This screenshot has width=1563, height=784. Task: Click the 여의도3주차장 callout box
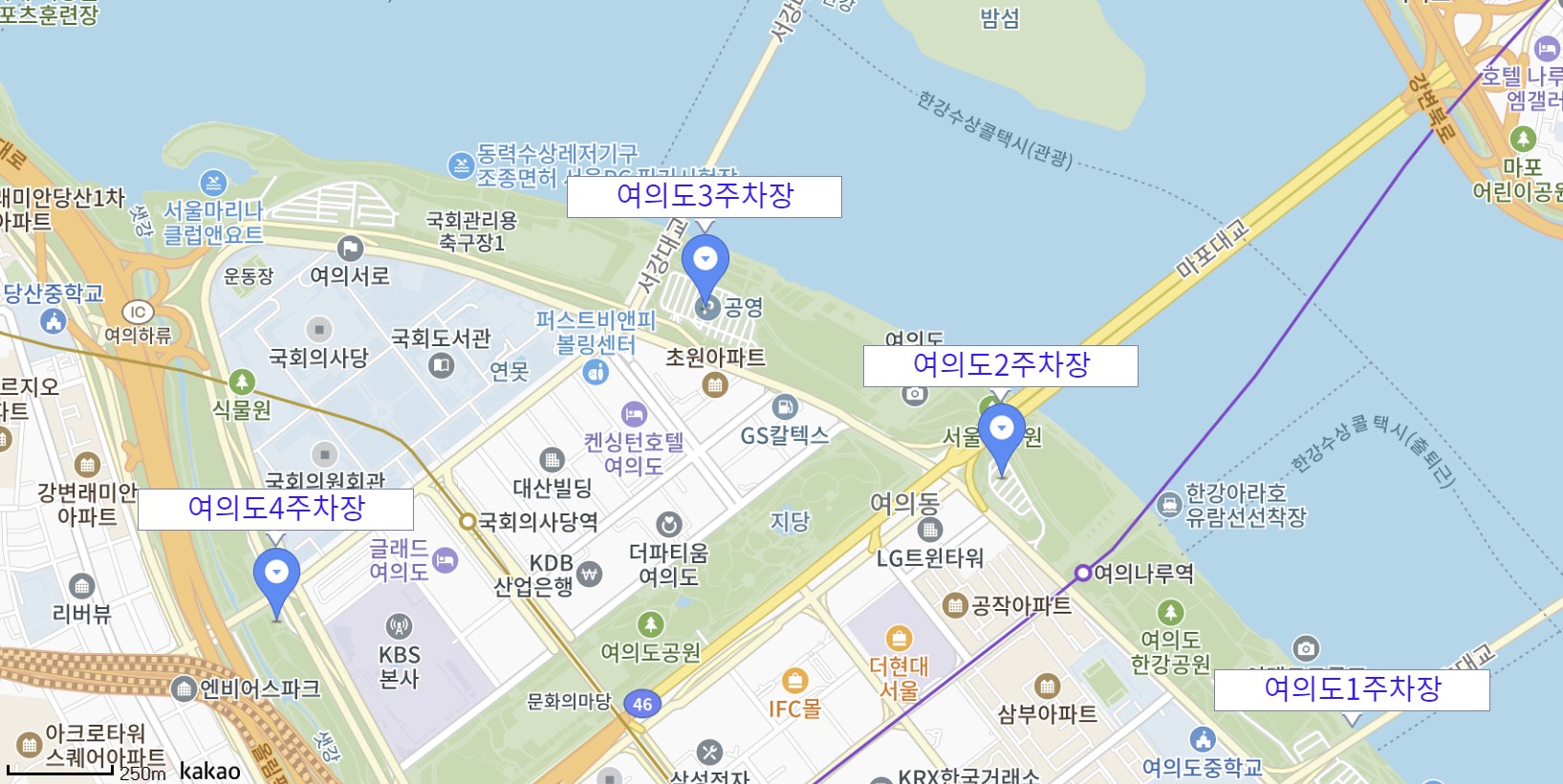pyautogui.click(x=705, y=196)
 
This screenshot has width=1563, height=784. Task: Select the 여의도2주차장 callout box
pyautogui.click(x=1000, y=365)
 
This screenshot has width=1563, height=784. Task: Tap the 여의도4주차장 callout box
pyautogui.click(x=275, y=509)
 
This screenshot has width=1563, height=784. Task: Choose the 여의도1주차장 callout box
pyautogui.click(x=1351, y=689)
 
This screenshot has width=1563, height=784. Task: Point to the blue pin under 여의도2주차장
pyautogui.click(x=1001, y=433)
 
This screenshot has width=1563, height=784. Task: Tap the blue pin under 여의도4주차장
pyautogui.click(x=276, y=577)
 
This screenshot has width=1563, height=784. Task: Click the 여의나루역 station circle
pyautogui.click(x=1082, y=573)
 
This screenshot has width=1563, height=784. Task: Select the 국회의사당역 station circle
pyautogui.click(x=467, y=522)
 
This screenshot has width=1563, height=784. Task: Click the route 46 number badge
pyautogui.click(x=642, y=705)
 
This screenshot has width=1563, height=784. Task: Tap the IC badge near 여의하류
pyautogui.click(x=138, y=312)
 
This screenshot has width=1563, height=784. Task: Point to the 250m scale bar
pyautogui.click(x=59, y=769)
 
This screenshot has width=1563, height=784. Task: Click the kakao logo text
pyautogui.click(x=209, y=771)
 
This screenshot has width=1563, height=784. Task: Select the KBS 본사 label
pyautogui.click(x=400, y=666)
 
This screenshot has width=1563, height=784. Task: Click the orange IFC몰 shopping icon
pyautogui.click(x=794, y=681)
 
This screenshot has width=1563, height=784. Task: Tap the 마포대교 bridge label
pyautogui.click(x=1212, y=249)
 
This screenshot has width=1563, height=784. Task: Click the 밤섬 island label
pyautogui.click(x=1000, y=19)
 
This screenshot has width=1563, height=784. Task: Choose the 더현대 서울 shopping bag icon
pyautogui.click(x=899, y=638)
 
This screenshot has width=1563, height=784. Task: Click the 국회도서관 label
pyautogui.click(x=441, y=338)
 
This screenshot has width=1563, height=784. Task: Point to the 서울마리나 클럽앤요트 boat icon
pyautogui.click(x=213, y=182)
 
